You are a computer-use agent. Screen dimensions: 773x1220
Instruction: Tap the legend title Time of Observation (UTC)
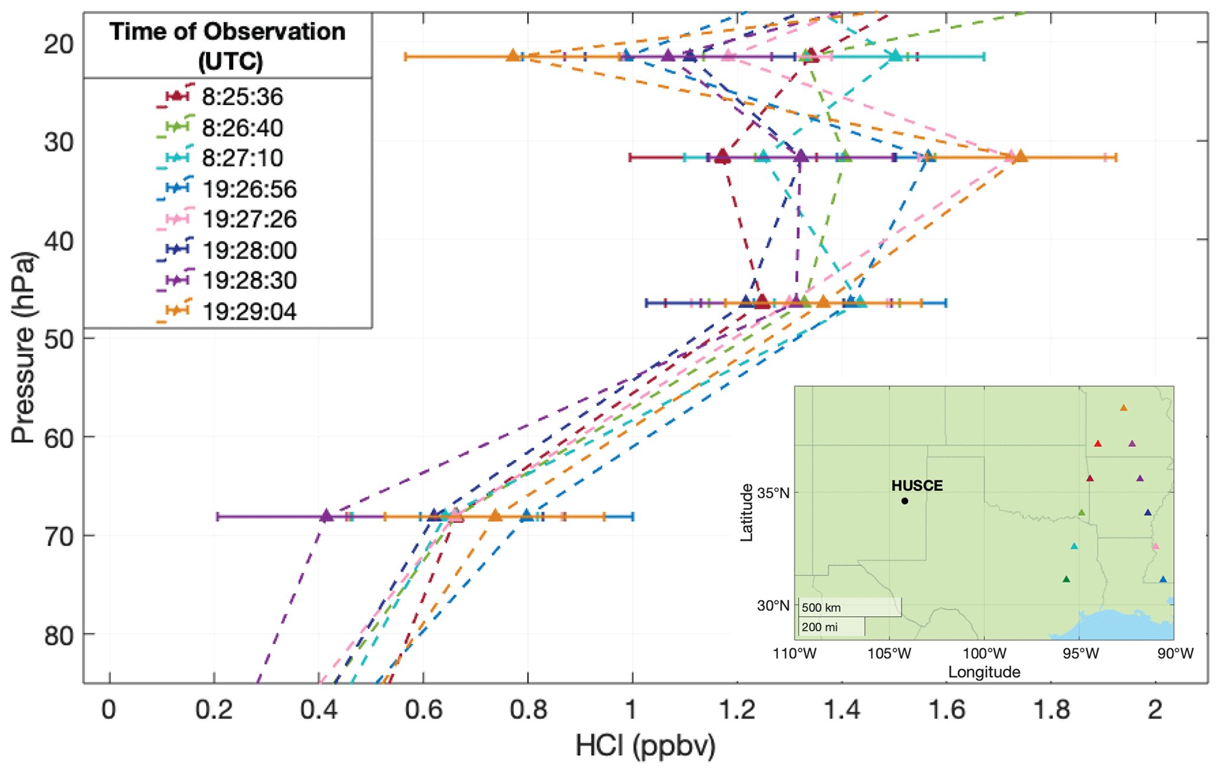tap(228, 46)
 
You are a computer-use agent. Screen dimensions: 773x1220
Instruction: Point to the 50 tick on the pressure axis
tap(59, 338)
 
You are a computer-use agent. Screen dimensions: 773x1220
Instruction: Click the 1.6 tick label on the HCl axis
tap(946, 710)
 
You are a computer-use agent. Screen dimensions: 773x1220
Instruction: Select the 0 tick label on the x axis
tap(109, 710)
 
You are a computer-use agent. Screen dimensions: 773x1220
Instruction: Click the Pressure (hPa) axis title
tap(24, 348)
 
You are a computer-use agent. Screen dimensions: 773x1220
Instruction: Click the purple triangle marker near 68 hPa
tap(326, 516)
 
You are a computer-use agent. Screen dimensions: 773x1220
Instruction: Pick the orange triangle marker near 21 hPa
tap(513, 56)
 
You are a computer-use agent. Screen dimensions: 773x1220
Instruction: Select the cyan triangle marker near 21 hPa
tap(895, 56)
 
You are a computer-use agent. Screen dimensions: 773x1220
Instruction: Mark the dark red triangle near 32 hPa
tap(722, 157)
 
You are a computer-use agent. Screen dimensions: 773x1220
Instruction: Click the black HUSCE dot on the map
tap(905, 501)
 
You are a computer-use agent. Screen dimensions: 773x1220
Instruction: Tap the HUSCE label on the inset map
tap(917, 486)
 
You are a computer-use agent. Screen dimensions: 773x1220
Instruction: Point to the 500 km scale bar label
tap(821, 608)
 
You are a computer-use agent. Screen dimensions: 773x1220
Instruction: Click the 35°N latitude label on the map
tap(773, 493)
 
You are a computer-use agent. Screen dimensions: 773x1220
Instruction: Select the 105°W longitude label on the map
tap(889, 654)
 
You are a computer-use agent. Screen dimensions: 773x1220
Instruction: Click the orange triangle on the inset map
tap(1123, 408)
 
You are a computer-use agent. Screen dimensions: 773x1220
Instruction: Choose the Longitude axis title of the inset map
tap(984, 672)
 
